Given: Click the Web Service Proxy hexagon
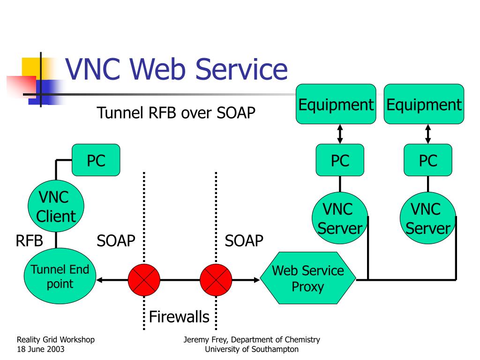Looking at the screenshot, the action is [x=308, y=278].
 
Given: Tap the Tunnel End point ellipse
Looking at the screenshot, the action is [x=60, y=276].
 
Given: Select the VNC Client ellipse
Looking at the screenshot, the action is [x=56, y=206].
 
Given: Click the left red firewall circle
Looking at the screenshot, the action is [x=144, y=280].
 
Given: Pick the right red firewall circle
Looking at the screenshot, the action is [x=216, y=280].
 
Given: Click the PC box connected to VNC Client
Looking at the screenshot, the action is [x=96, y=160].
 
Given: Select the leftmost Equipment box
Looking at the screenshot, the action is [x=336, y=104].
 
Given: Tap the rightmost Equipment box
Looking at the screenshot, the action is [x=424, y=104].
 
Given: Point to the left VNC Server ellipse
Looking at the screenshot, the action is [x=340, y=218].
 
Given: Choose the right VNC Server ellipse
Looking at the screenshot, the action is [x=428, y=218].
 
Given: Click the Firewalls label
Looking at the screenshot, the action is [x=179, y=316].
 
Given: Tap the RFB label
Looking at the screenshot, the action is [x=29, y=240].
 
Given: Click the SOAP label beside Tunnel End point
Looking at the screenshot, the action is [x=116, y=240].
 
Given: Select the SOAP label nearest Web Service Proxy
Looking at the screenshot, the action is [x=244, y=240].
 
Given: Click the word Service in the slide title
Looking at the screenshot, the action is [x=241, y=69].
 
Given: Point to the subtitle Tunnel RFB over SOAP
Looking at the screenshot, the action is [x=176, y=112].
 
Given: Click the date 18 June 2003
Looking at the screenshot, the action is [x=41, y=349].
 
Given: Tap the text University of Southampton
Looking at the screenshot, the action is [x=252, y=349].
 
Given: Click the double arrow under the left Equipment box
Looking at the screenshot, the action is [x=340, y=134].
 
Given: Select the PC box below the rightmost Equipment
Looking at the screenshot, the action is [x=428, y=160].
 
